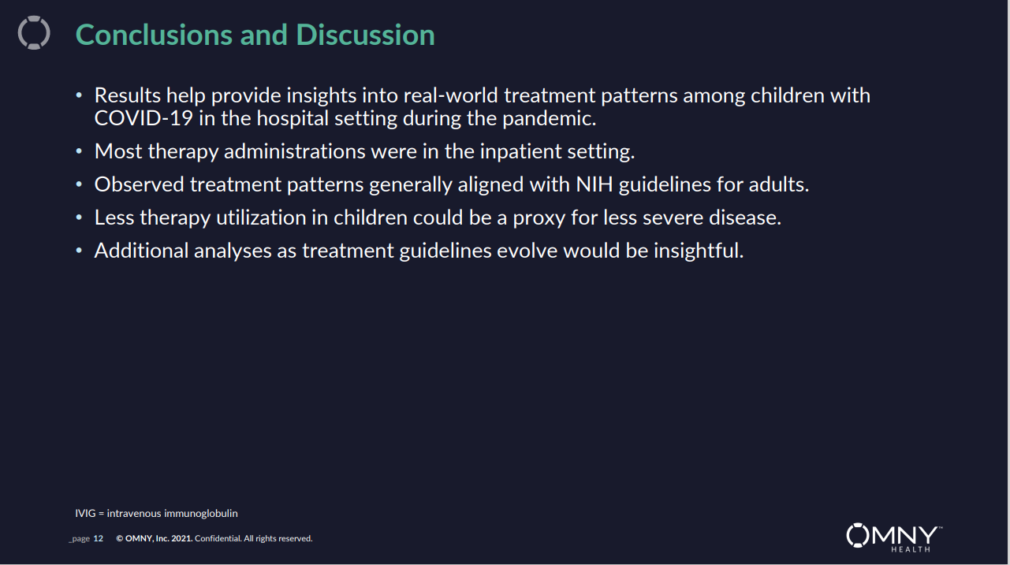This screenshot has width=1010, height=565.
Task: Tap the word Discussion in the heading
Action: coord(365,35)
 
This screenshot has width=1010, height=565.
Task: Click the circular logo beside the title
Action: coord(34,32)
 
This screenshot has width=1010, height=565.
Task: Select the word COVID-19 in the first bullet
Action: coord(143,118)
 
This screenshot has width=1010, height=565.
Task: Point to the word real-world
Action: coord(451,95)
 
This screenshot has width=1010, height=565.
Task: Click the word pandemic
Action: coord(550,119)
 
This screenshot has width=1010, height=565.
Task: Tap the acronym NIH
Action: coord(594,184)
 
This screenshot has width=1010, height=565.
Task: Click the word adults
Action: coord(779,184)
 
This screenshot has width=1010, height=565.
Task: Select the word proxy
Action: coord(539,218)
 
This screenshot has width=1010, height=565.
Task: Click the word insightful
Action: coord(699,251)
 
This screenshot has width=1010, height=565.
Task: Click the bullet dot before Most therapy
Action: coord(79,151)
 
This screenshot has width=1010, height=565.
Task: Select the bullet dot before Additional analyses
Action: coord(79,251)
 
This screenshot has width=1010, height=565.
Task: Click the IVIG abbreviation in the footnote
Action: coord(85,513)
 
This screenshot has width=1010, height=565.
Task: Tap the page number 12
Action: coord(99,538)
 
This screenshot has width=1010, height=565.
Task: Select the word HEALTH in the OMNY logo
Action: coord(911,549)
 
